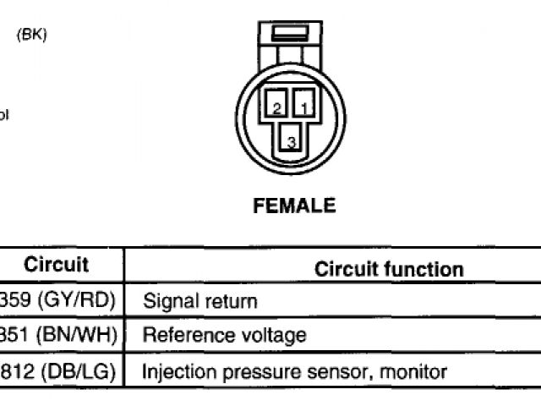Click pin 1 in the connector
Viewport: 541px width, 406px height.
(304, 107)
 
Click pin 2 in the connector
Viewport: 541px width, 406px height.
(277, 107)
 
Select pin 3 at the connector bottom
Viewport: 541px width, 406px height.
(291, 141)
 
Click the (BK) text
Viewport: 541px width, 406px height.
(32, 36)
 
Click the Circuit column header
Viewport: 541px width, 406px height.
(56, 265)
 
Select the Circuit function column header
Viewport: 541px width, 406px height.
(389, 270)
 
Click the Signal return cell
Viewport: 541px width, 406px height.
(200, 301)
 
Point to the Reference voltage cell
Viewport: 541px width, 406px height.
(225, 336)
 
